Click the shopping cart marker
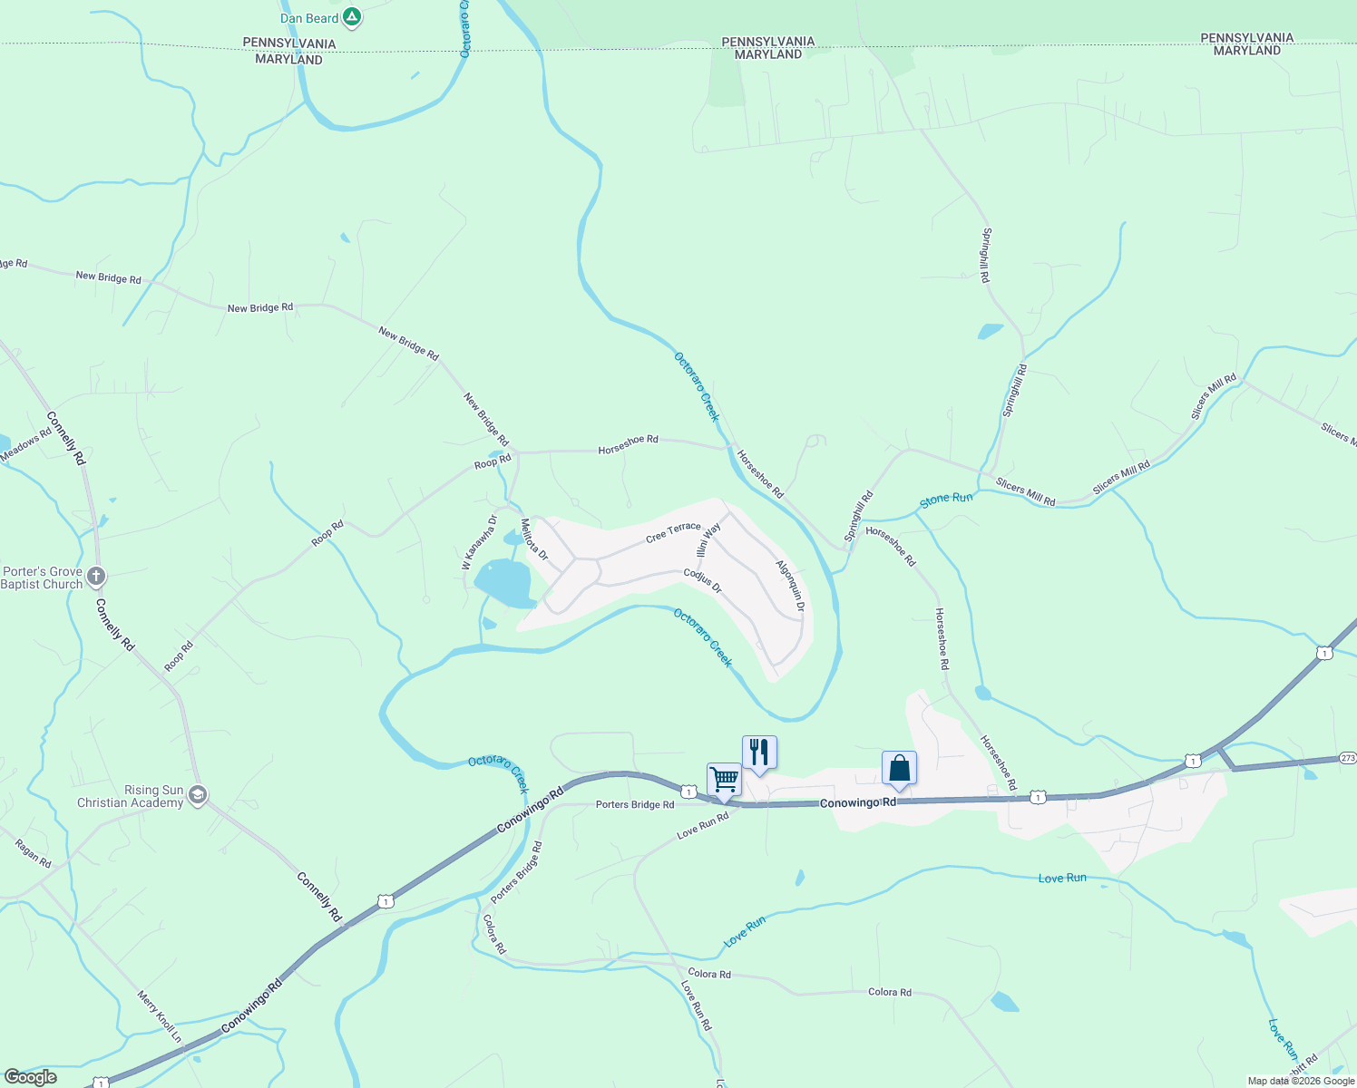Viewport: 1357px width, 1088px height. coord(724,779)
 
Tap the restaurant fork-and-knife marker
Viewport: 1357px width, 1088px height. coord(759,752)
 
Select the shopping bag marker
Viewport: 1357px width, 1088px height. coord(899,768)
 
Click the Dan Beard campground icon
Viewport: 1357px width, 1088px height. coord(353,17)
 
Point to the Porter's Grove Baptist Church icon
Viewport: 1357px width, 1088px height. coord(96,577)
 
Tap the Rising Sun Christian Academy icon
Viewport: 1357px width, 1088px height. coord(198,796)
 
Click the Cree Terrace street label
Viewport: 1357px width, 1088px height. coord(673,532)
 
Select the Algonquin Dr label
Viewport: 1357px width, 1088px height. coord(790,585)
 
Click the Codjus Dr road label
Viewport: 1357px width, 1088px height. coord(702,581)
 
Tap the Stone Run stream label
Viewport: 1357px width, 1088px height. coord(946,499)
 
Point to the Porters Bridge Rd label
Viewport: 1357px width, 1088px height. coord(635,804)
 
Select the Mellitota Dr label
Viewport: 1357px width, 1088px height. coord(534,539)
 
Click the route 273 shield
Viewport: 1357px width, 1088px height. coord(1347,758)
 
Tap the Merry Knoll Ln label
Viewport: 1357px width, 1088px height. coord(160,1016)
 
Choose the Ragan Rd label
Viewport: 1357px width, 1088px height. coord(34,853)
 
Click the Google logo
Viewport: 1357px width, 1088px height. coord(30,1077)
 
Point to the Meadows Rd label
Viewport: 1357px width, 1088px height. coord(26,444)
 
